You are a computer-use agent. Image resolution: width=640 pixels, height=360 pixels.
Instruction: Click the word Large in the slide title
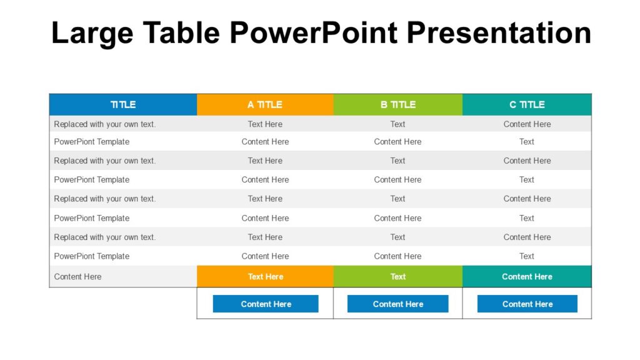[x=92, y=32]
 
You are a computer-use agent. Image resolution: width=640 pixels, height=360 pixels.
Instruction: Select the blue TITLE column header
[x=123, y=104]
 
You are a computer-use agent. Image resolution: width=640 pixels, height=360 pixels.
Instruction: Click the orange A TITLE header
[x=265, y=104]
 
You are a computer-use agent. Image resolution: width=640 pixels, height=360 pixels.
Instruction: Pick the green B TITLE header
[x=398, y=104]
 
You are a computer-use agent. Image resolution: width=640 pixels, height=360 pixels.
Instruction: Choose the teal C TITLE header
[x=527, y=104]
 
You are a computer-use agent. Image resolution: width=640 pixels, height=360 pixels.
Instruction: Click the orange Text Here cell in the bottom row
[x=265, y=276]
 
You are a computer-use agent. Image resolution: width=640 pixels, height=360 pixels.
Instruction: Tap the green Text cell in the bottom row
[x=398, y=276]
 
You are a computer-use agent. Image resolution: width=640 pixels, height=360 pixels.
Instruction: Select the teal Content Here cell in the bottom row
[x=527, y=276]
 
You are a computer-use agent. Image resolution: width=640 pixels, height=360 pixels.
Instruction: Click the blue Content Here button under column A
[x=266, y=304]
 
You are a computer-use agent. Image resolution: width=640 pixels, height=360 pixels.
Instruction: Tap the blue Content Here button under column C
[x=527, y=304]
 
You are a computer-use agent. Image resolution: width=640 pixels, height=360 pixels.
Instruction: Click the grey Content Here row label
[x=77, y=276]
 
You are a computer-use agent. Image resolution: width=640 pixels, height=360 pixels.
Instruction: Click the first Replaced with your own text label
[x=105, y=124]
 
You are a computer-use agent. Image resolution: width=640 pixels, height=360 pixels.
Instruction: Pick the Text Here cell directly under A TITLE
[x=265, y=124]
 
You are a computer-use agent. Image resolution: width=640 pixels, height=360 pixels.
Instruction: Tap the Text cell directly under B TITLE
[x=398, y=124]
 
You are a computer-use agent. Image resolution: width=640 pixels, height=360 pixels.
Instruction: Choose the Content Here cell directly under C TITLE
[x=527, y=124]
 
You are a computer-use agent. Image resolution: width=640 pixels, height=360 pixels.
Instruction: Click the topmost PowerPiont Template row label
[x=92, y=141]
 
